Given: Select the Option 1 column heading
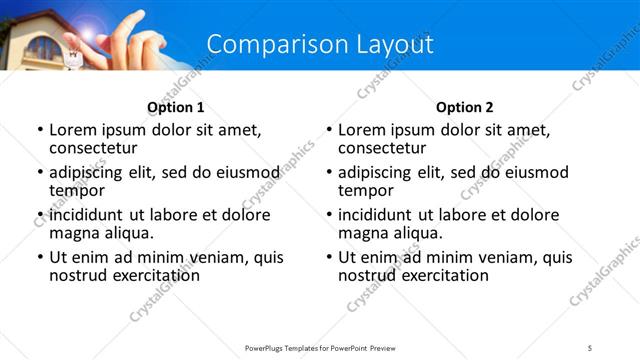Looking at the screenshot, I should [175, 107].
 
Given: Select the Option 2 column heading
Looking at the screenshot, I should [465, 107].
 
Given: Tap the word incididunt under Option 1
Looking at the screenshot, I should [86, 215].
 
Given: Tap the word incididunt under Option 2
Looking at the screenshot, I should [375, 215].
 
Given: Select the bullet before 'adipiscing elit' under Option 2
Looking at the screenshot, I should [329, 173].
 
